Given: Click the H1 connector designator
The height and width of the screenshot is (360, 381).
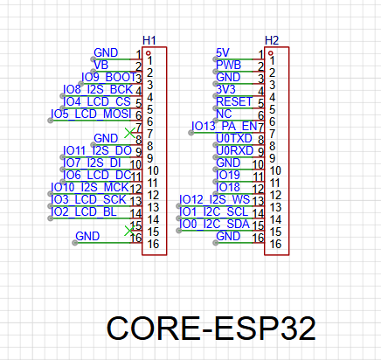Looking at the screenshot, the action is [149, 40].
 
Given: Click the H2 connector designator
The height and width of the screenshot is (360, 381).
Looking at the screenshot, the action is [272, 40].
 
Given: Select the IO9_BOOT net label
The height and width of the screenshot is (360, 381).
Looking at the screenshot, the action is [108, 77].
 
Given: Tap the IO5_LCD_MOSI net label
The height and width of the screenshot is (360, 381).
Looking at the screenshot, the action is [91, 114].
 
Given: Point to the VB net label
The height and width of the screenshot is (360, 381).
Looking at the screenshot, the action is [101, 65].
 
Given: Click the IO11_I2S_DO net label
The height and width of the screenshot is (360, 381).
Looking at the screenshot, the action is [97, 150].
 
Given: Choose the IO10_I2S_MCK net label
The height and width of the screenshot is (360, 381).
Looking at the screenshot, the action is [90, 187].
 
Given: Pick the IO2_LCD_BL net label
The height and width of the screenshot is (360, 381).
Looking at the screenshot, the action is [84, 211].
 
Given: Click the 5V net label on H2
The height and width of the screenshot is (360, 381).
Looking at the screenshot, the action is [223, 52].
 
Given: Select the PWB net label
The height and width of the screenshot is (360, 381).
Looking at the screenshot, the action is [228, 65].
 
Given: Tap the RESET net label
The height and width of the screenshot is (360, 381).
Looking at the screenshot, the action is [234, 101].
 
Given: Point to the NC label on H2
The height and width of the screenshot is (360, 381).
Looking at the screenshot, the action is [224, 114].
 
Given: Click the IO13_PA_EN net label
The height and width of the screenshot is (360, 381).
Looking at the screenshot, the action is [225, 126].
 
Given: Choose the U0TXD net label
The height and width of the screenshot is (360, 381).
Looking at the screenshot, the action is [234, 138].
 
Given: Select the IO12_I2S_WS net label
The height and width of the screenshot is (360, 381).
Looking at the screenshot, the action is [214, 199].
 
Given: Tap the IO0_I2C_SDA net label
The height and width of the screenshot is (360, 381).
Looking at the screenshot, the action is [214, 224].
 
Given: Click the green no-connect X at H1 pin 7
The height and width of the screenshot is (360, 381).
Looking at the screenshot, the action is [129, 133].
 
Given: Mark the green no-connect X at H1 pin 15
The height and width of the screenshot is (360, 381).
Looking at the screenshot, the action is [129, 231].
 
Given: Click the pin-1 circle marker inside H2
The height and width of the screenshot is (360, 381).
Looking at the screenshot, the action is [271, 53].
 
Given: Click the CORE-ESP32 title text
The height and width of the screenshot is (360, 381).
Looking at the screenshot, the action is [211, 329].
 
